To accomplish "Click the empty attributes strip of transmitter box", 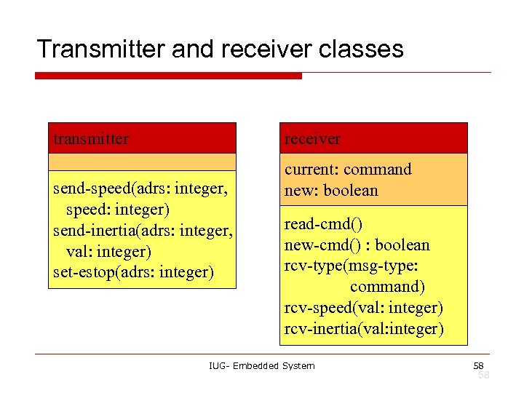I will tap(142, 162).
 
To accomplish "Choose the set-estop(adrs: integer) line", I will tap(134, 272).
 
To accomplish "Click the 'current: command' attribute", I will tap(348, 170).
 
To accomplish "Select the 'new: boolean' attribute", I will tap(331, 191).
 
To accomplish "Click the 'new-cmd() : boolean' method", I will tap(357, 245).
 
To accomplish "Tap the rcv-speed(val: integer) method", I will tap(363, 308).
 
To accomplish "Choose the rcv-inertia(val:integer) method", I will tap(363, 329).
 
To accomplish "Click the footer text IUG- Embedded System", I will tap(261, 365).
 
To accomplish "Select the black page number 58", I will tap(478, 365).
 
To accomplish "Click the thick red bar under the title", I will tap(168, 76).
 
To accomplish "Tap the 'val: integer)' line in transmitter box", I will tap(108, 252).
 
